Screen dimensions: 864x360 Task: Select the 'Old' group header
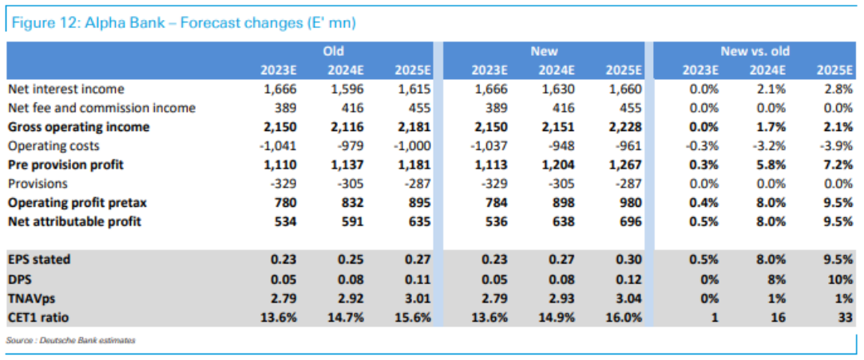[333, 52]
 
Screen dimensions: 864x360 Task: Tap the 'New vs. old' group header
[755, 52]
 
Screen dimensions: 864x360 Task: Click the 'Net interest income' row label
[66, 89]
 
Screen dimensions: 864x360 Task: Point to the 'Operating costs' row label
[54, 146]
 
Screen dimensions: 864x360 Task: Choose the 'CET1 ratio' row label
[38, 317]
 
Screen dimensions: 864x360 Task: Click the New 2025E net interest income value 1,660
[623, 89]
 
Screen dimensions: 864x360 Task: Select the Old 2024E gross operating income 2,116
[346, 127]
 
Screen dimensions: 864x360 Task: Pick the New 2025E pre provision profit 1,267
[623, 165]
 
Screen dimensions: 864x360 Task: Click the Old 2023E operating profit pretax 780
[286, 203]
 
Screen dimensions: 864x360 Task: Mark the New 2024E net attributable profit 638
[564, 222]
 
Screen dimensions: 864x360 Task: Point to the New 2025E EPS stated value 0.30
[629, 260]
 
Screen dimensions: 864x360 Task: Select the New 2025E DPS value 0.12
[629, 279]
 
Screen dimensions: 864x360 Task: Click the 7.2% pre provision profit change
[838, 165]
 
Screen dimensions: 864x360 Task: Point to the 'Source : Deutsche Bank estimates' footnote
[70, 341]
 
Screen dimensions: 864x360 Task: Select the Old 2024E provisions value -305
[351, 184]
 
